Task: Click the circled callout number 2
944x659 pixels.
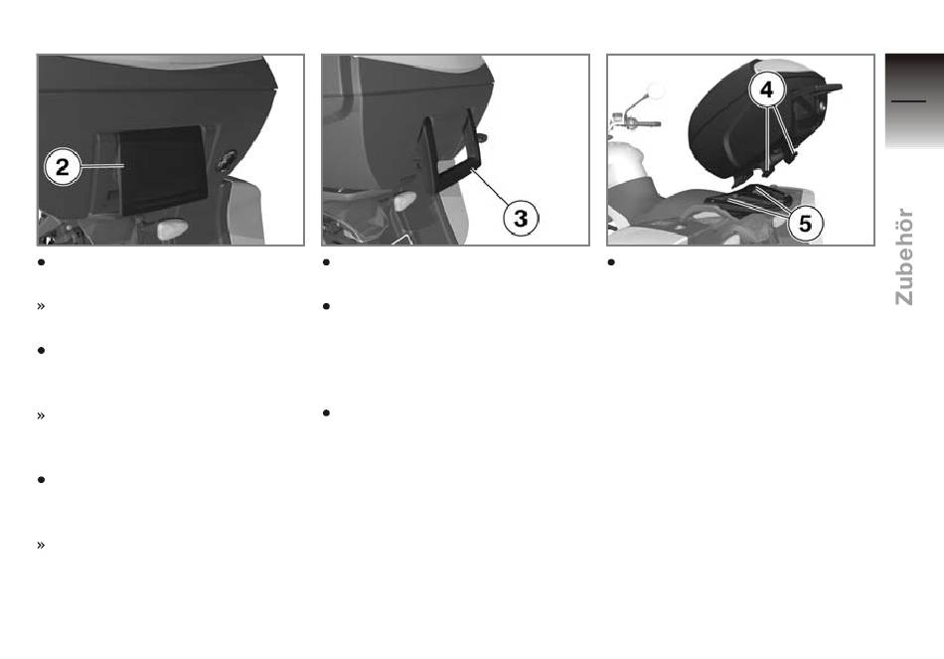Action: point(62,167)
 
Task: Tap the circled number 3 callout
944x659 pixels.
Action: point(521,218)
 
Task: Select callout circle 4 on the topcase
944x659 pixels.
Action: point(766,89)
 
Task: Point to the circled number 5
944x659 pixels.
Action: point(805,224)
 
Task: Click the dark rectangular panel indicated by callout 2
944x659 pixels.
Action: point(162,170)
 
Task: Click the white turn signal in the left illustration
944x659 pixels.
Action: point(172,229)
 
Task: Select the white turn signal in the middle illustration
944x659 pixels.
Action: point(404,201)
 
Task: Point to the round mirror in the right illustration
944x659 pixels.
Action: point(655,91)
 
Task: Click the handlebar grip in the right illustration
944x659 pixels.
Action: point(645,124)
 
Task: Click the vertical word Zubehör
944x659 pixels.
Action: point(903,256)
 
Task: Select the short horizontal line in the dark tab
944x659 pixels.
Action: point(908,101)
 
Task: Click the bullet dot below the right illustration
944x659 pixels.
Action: point(611,262)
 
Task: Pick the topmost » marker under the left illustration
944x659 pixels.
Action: point(41,306)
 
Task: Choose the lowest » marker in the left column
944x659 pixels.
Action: point(41,545)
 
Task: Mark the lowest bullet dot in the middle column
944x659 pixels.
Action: point(326,412)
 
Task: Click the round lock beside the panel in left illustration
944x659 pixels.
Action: point(227,160)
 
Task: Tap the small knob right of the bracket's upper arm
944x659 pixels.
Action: point(482,137)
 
